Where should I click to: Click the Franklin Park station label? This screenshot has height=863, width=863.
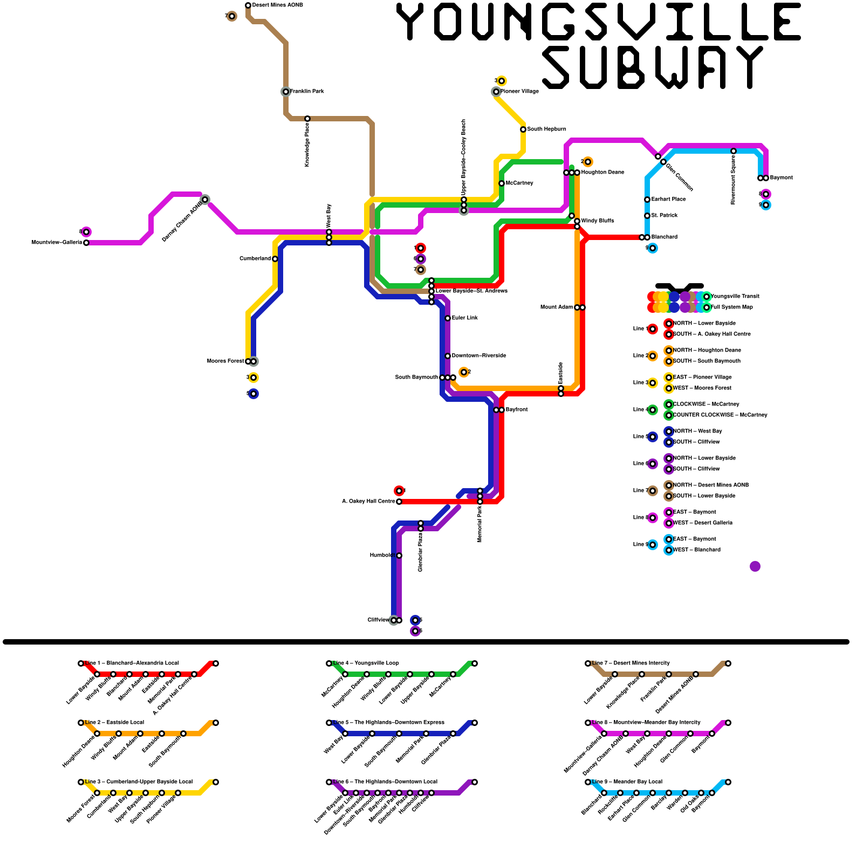[307, 92]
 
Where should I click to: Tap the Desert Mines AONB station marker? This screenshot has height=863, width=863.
[248, 5]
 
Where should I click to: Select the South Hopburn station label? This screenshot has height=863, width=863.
[546, 129]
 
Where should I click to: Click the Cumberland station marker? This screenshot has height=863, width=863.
[275, 259]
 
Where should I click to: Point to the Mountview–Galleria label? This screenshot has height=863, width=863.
[57, 243]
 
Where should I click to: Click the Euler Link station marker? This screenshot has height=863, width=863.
[448, 318]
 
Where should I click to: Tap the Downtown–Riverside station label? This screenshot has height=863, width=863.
[478, 356]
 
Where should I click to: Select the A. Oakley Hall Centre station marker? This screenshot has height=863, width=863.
[399, 502]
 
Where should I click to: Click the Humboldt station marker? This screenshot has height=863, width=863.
[399, 556]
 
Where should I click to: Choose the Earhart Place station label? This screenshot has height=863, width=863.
[668, 200]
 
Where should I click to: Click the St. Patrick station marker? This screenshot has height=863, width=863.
[647, 216]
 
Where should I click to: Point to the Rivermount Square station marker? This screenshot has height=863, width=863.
[734, 151]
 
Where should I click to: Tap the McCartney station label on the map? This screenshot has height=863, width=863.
[519, 183]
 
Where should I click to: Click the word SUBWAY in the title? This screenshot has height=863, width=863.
[653, 67]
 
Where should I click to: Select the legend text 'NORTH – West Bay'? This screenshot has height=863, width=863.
[697, 432]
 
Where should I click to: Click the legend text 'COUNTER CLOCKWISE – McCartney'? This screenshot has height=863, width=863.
[720, 415]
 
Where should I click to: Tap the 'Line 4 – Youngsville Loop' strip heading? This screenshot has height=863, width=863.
[366, 663]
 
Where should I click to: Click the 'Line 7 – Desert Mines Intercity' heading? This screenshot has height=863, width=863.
[631, 663]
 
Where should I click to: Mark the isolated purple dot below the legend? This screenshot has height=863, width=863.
[755, 566]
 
